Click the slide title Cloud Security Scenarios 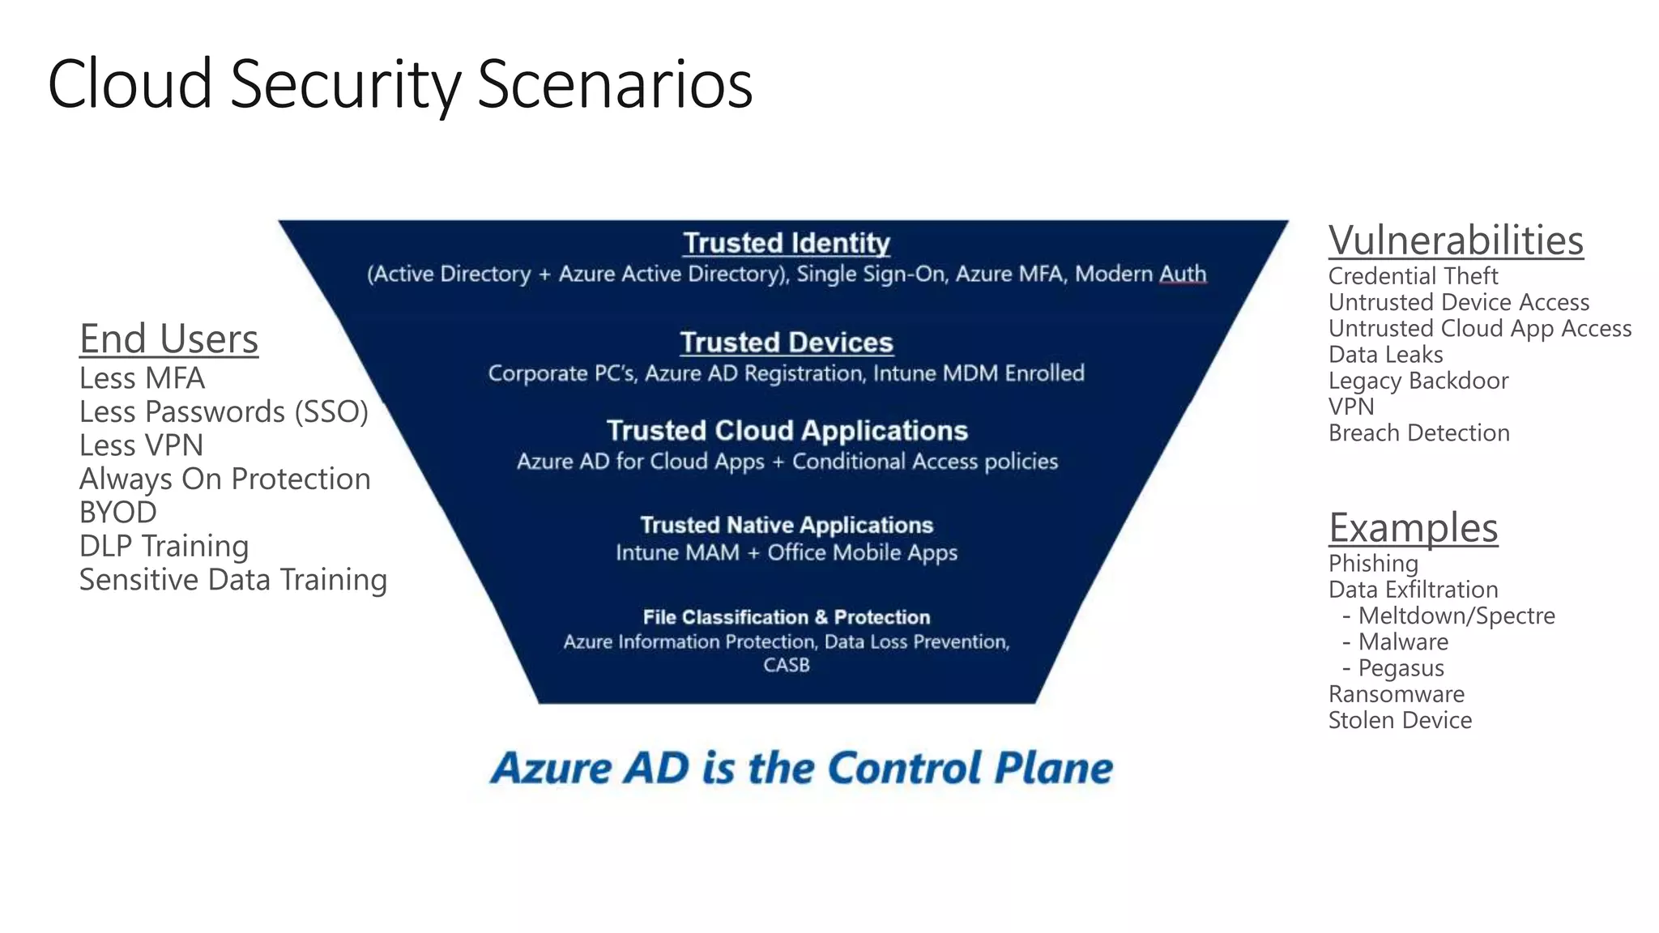pos(400,84)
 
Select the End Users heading pos(168,339)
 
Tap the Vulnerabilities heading pos(1456,241)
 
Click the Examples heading pos(1413,528)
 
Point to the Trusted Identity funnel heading pos(786,243)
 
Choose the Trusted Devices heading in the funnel pos(786,343)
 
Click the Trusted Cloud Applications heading pos(787,430)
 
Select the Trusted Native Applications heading pos(787,525)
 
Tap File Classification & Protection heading pos(786,617)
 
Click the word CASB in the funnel pos(786,665)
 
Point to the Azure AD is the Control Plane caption pos(801,768)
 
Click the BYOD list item pos(117,513)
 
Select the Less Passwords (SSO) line pos(224,412)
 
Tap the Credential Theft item pos(1413,276)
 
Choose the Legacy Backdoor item pos(1418,381)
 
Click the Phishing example pos(1373,564)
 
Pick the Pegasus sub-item pos(1401,668)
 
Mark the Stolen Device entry pos(1400,720)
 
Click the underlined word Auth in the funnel pos(1183,274)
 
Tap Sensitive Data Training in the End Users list pos(233,580)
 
